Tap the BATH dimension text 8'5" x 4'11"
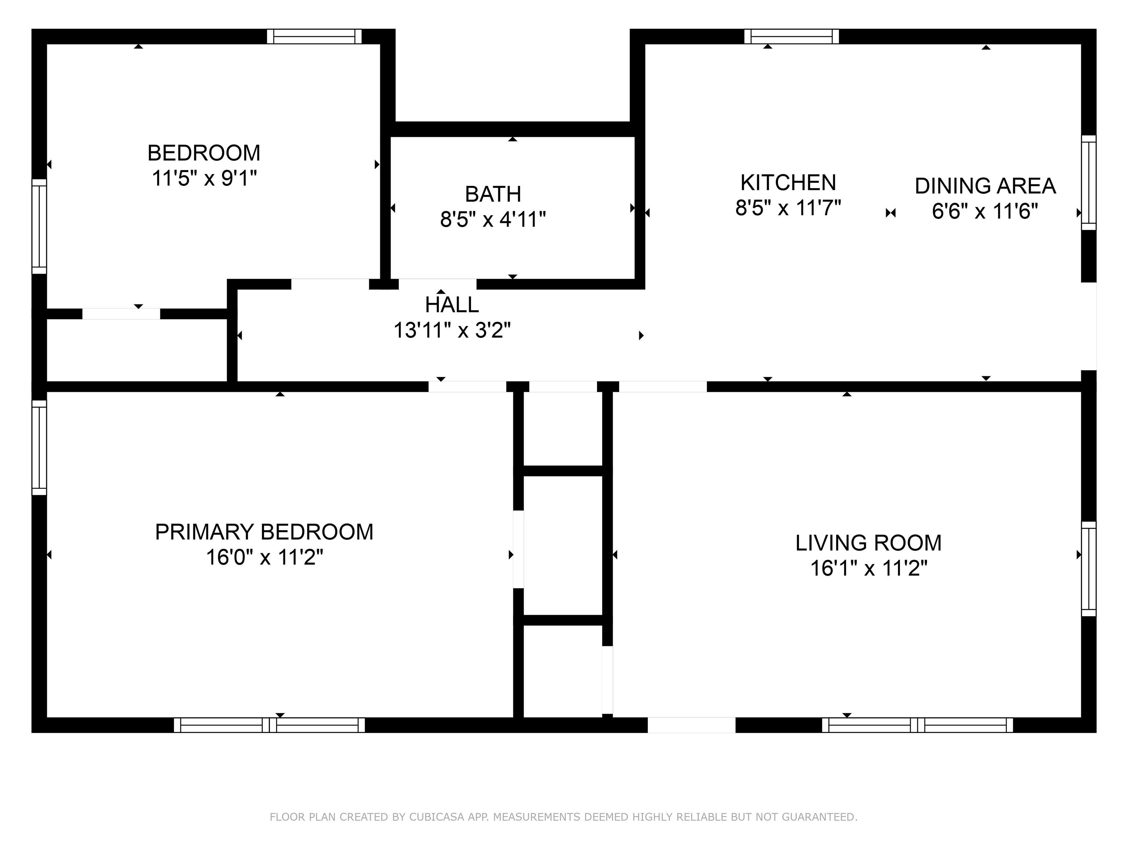[493, 220]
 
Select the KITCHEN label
[788, 182]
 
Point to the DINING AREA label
[985, 186]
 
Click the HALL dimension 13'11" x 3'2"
[452, 330]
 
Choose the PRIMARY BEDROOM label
[264, 532]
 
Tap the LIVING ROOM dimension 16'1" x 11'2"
[868, 568]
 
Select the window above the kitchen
[791, 37]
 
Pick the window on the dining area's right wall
[1089, 182]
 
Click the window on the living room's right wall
[1089, 568]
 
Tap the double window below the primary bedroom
[269, 725]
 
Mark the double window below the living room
[917, 725]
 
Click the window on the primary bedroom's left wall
[39, 447]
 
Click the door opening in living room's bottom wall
[691, 725]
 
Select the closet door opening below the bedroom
[122, 314]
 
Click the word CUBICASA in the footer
[437, 817]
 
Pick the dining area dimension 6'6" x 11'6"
[985, 211]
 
